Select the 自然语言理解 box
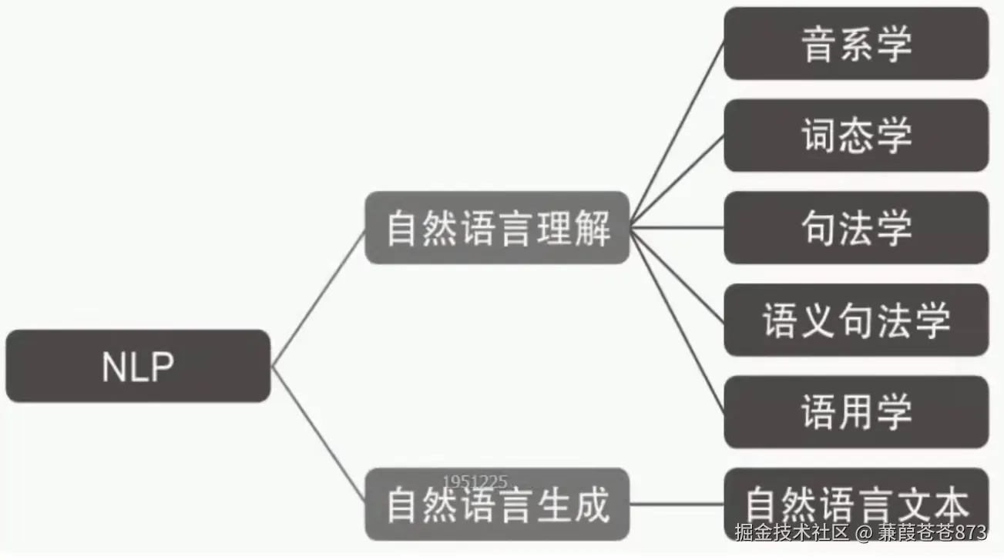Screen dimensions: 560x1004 pos(497,228)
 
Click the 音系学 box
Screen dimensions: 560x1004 pos(856,43)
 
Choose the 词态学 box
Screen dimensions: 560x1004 pos(856,136)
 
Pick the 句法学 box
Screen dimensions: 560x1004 pos(856,228)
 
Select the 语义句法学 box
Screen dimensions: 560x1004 pos(856,320)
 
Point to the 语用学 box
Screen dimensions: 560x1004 pos(856,412)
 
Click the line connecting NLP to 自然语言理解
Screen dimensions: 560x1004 pos(317,298)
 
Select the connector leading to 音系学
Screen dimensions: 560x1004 pos(678,135)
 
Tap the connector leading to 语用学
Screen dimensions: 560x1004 pos(678,320)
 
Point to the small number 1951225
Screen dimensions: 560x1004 pos(475,483)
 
